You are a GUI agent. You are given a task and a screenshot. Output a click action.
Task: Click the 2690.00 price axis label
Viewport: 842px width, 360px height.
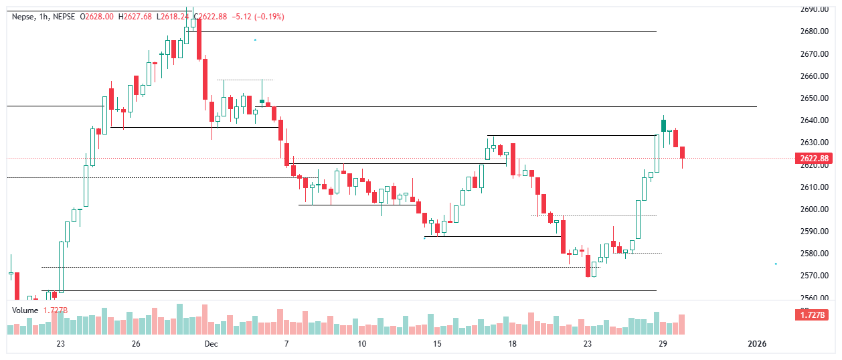pyautogui.click(x=813, y=9)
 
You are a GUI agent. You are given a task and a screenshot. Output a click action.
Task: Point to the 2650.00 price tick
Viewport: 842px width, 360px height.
pyautogui.click(x=813, y=98)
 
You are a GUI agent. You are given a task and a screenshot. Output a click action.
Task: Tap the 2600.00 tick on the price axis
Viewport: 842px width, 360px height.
pyautogui.click(x=813, y=209)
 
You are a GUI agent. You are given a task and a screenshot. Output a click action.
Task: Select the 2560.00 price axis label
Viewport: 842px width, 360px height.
pyautogui.click(x=813, y=298)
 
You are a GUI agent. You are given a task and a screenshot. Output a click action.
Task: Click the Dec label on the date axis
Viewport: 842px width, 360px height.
pyautogui.click(x=212, y=344)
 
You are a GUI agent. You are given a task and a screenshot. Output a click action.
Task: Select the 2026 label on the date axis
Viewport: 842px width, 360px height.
pyautogui.click(x=756, y=344)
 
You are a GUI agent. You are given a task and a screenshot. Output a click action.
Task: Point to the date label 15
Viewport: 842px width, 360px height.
pyautogui.click(x=437, y=344)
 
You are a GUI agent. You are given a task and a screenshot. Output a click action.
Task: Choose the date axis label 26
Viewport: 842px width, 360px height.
pyautogui.click(x=136, y=344)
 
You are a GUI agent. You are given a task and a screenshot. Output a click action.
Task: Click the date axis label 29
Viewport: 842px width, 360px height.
pyautogui.click(x=663, y=344)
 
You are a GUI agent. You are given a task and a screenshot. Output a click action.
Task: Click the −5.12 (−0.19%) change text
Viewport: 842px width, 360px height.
pyautogui.click(x=257, y=16)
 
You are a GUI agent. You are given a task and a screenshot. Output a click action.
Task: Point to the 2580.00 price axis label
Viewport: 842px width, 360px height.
pyautogui.click(x=813, y=254)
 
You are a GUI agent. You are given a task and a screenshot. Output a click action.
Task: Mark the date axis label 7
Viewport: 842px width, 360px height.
pyautogui.click(x=286, y=344)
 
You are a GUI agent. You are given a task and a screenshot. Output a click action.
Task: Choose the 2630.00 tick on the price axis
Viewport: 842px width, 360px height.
pyautogui.click(x=813, y=143)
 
